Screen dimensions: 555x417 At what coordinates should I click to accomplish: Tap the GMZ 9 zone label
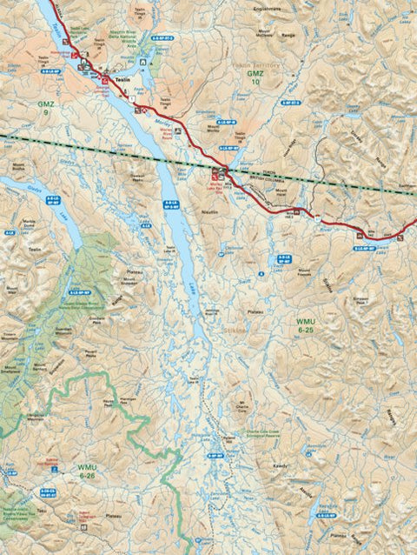click(45, 107)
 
